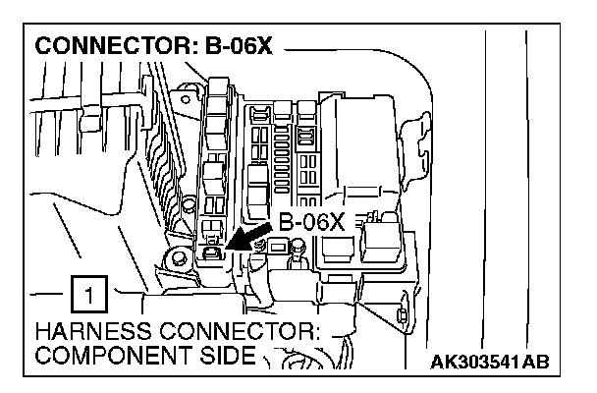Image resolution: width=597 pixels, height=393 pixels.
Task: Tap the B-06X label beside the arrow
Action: [x=312, y=223]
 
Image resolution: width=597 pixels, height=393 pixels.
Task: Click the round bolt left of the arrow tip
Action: [x=177, y=260]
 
